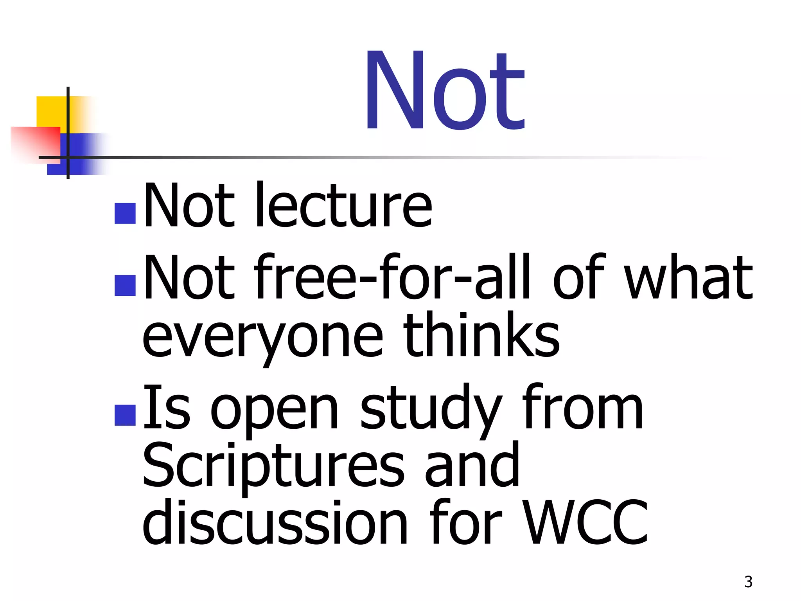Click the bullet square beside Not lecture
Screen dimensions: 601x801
[125, 213]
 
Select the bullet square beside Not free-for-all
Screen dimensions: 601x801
[125, 285]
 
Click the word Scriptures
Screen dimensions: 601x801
[273, 466]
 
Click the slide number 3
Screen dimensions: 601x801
[748, 582]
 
